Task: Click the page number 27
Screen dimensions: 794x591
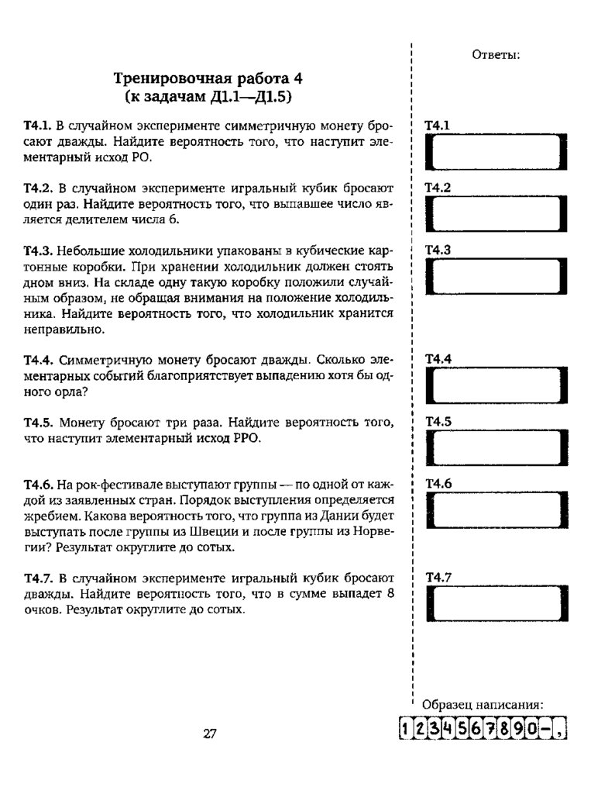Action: point(208,734)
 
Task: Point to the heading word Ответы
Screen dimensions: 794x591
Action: point(495,55)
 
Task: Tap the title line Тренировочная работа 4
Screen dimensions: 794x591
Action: point(208,78)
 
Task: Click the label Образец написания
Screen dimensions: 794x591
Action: point(482,705)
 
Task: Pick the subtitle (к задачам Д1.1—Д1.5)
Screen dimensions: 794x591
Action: point(208,97)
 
